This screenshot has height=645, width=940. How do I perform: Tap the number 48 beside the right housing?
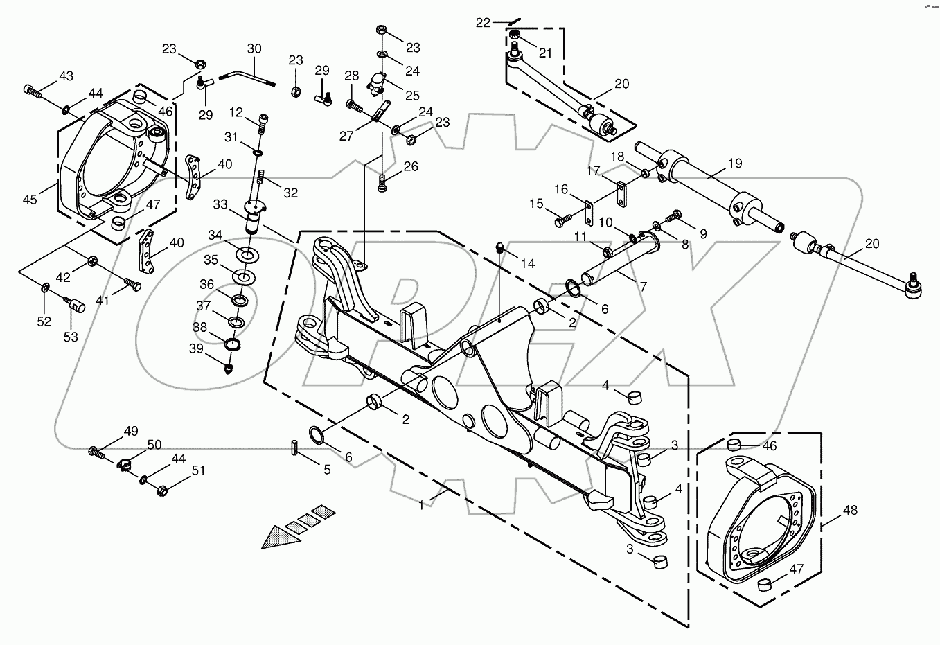(x=850, y=511)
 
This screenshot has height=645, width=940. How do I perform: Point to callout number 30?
(x=254, y=49)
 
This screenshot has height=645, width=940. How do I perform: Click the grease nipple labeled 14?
(x=499, y=247)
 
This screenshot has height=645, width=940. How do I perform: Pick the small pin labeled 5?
(x=294, y=448)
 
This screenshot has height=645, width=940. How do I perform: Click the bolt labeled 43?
(x=32, y=90)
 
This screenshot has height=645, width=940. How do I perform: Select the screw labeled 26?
(x=382, y=184)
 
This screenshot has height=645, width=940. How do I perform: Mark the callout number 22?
(x=483, y=23)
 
